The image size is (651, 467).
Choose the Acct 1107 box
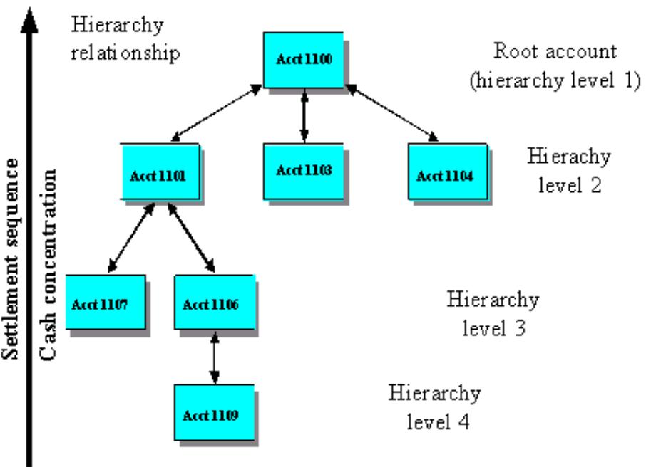pyautogui.click(x=105, y=303)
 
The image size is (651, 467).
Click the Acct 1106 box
pyautogui.click(x=215, y=303)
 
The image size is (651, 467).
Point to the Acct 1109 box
pyautogui.click(x=215, y=412)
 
